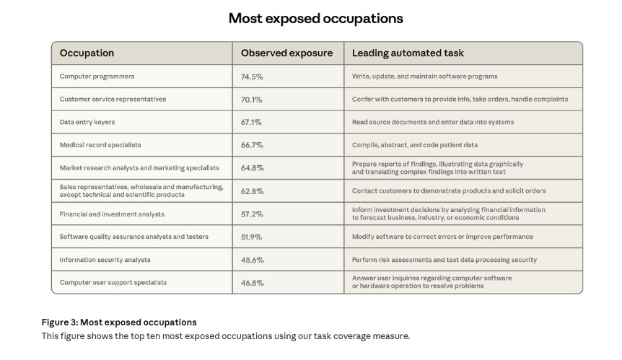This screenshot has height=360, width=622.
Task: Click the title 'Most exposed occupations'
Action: tap(315, 18)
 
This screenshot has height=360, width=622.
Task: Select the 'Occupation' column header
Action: tap(87, 53)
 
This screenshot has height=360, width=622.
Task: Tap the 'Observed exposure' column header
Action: tap(287, 53)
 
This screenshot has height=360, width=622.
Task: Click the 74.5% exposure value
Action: tap(252, 76)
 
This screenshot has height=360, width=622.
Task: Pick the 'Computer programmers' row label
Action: tap(97, 76)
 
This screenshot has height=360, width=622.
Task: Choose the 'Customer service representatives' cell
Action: tap(113, 99)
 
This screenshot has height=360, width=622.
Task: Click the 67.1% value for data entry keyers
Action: tap(252, 122)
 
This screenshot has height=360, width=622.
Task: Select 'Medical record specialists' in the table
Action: tap(100, 145)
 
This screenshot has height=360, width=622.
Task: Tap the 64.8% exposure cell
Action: tap(252, 168)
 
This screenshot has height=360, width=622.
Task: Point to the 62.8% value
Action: tap(252, 191)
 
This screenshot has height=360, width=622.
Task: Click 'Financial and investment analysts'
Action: tap(112, 214)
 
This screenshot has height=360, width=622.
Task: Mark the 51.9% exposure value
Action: tap(252, 237)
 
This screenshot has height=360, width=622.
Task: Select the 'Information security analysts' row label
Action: tap(105, 260)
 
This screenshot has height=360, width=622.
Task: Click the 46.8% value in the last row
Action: tap(252, 283)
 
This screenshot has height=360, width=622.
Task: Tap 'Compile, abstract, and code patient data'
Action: tap(415, 145)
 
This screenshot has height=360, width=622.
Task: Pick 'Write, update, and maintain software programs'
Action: tap(424, 76)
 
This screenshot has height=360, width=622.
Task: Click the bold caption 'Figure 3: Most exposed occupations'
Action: tap(118, 322)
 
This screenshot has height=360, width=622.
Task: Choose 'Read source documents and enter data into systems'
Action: tap(433, 122)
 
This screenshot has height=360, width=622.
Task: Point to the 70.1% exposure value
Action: tap(252, 99)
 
